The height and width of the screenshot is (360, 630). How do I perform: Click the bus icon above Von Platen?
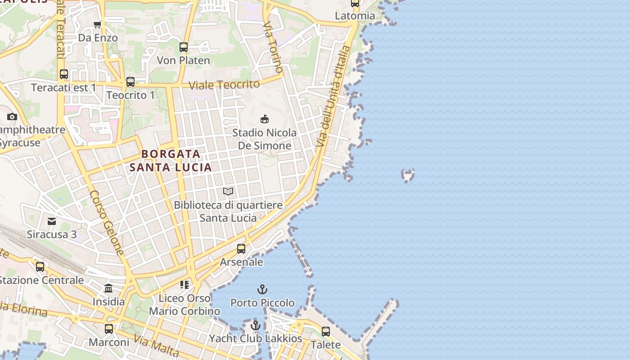pyautogui.click(x=184, y=47)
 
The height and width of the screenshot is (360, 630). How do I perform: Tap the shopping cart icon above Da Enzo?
pyautogui.click(x=97, y=24)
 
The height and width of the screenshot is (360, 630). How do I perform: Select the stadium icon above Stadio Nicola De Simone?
pyautogui.click(x=265, y=119)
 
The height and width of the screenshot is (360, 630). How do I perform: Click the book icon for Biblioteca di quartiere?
pyautogui.click(x=228, y=191)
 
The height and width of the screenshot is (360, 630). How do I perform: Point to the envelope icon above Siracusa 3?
pyautogui.click(x=52, y=221)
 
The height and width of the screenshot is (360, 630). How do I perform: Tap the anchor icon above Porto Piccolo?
pyautogui.click(x=262, y=289)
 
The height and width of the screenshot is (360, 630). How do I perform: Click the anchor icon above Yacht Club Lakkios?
pyautogui.click(x=256, y=325)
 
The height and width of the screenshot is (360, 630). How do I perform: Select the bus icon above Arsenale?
pyautogui.click(x=241, y=248)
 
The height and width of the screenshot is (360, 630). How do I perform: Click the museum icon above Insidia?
pyautogui.click(x=108, y=288)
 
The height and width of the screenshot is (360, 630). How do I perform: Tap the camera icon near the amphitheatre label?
pyautogui.click(x=12, y=117)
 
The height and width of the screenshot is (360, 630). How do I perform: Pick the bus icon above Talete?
pyautogui.click(x=326, y=332)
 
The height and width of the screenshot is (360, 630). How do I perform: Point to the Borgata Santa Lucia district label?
pyautogui.click(x=171, y=161)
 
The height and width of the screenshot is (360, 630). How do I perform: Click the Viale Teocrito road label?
pyautogui.click(x=224, y=85)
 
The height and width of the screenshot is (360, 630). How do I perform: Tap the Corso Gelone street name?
pyautogui.click(x=107, y=223)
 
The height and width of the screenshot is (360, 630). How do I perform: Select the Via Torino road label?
pyautogui.click(x=274, y=46)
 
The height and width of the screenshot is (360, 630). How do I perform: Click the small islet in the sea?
pyautogui.click(x=408, y=175)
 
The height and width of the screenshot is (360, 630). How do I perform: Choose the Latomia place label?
pyautogui.click(x=355, y=16)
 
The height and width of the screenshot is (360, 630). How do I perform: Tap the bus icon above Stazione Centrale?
pyautogui.click(x=40, y=267)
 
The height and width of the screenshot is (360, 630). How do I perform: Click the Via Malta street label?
pyautogui.click(x=157, y=346)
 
